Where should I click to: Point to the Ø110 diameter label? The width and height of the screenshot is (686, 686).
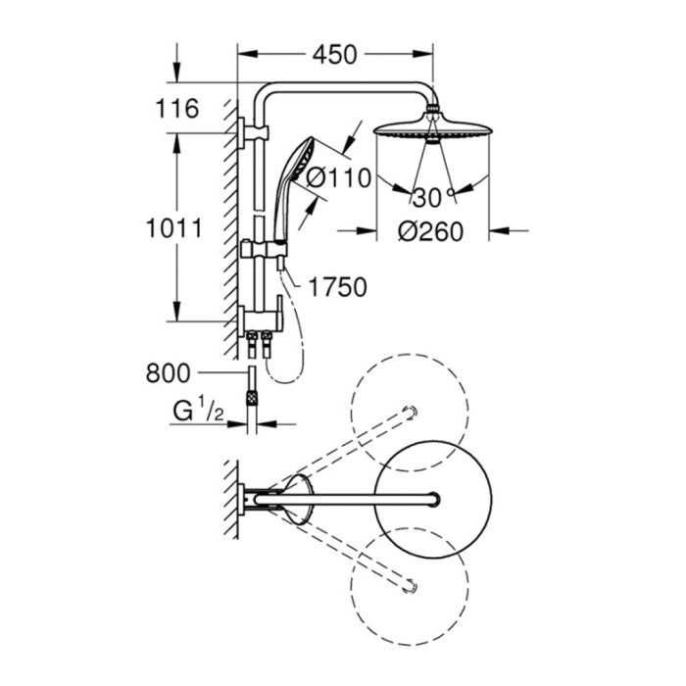coord(339,178)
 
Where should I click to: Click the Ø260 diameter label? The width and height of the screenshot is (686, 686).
coord(430,233)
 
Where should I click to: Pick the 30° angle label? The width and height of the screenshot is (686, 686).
coord(428,197)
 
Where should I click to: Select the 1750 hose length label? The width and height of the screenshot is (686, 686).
coord(336,287)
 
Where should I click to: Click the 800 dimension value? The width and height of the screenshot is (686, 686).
coord(168,372)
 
